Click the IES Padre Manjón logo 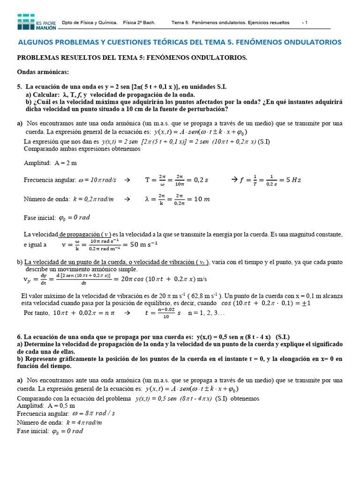[36, 22]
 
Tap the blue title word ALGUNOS [37, 42]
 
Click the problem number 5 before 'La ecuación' [19, 87]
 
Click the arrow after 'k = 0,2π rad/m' [127, 199]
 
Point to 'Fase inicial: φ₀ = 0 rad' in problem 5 [57, 217]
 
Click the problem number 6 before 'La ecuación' [19, 337]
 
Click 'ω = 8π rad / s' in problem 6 [94, 414]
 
